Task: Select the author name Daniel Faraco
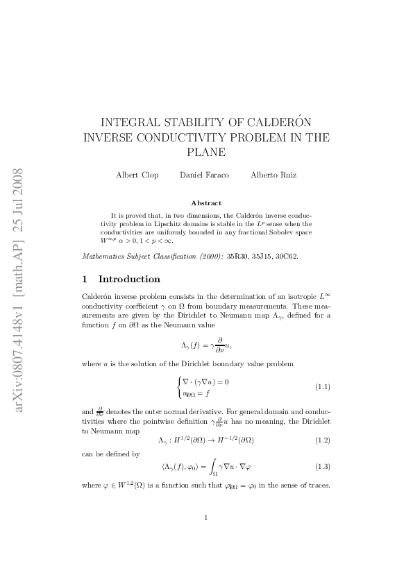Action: (x=201, y=175)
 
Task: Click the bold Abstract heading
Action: (x=205, y=203)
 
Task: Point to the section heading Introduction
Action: (x=129, y=280)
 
